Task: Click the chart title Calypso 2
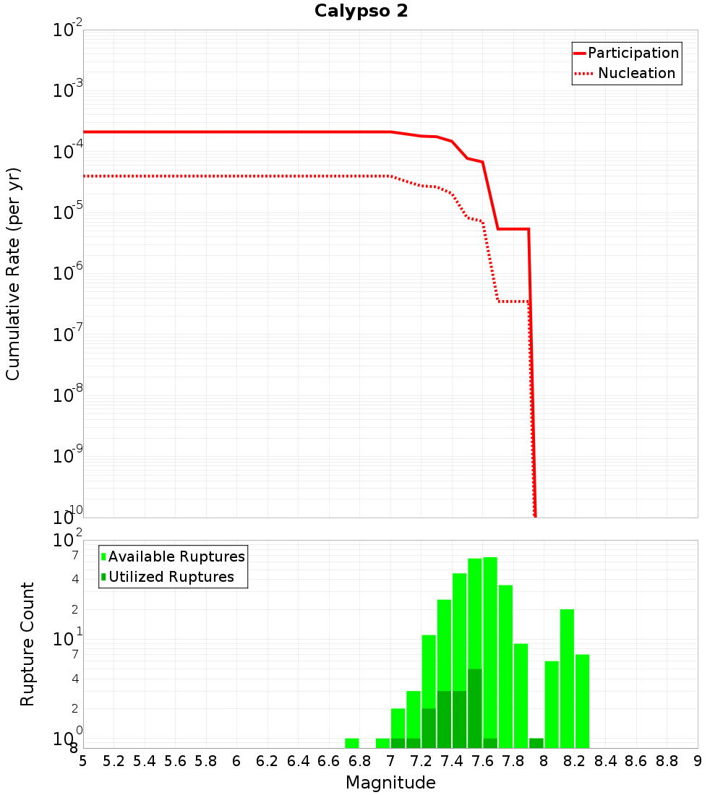361,12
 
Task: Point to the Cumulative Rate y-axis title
13,273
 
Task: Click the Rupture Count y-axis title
27,644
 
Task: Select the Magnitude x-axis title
390,783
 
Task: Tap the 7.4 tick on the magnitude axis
452,761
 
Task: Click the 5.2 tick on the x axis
114,761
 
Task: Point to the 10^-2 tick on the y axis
68,30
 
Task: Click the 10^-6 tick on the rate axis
68,274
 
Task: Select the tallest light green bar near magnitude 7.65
490,652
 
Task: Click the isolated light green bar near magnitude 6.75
352,743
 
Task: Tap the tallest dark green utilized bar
475,708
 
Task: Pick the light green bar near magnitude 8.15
567,678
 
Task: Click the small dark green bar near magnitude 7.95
536,743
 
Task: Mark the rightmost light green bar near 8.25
583,701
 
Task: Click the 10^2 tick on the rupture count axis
68,541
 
